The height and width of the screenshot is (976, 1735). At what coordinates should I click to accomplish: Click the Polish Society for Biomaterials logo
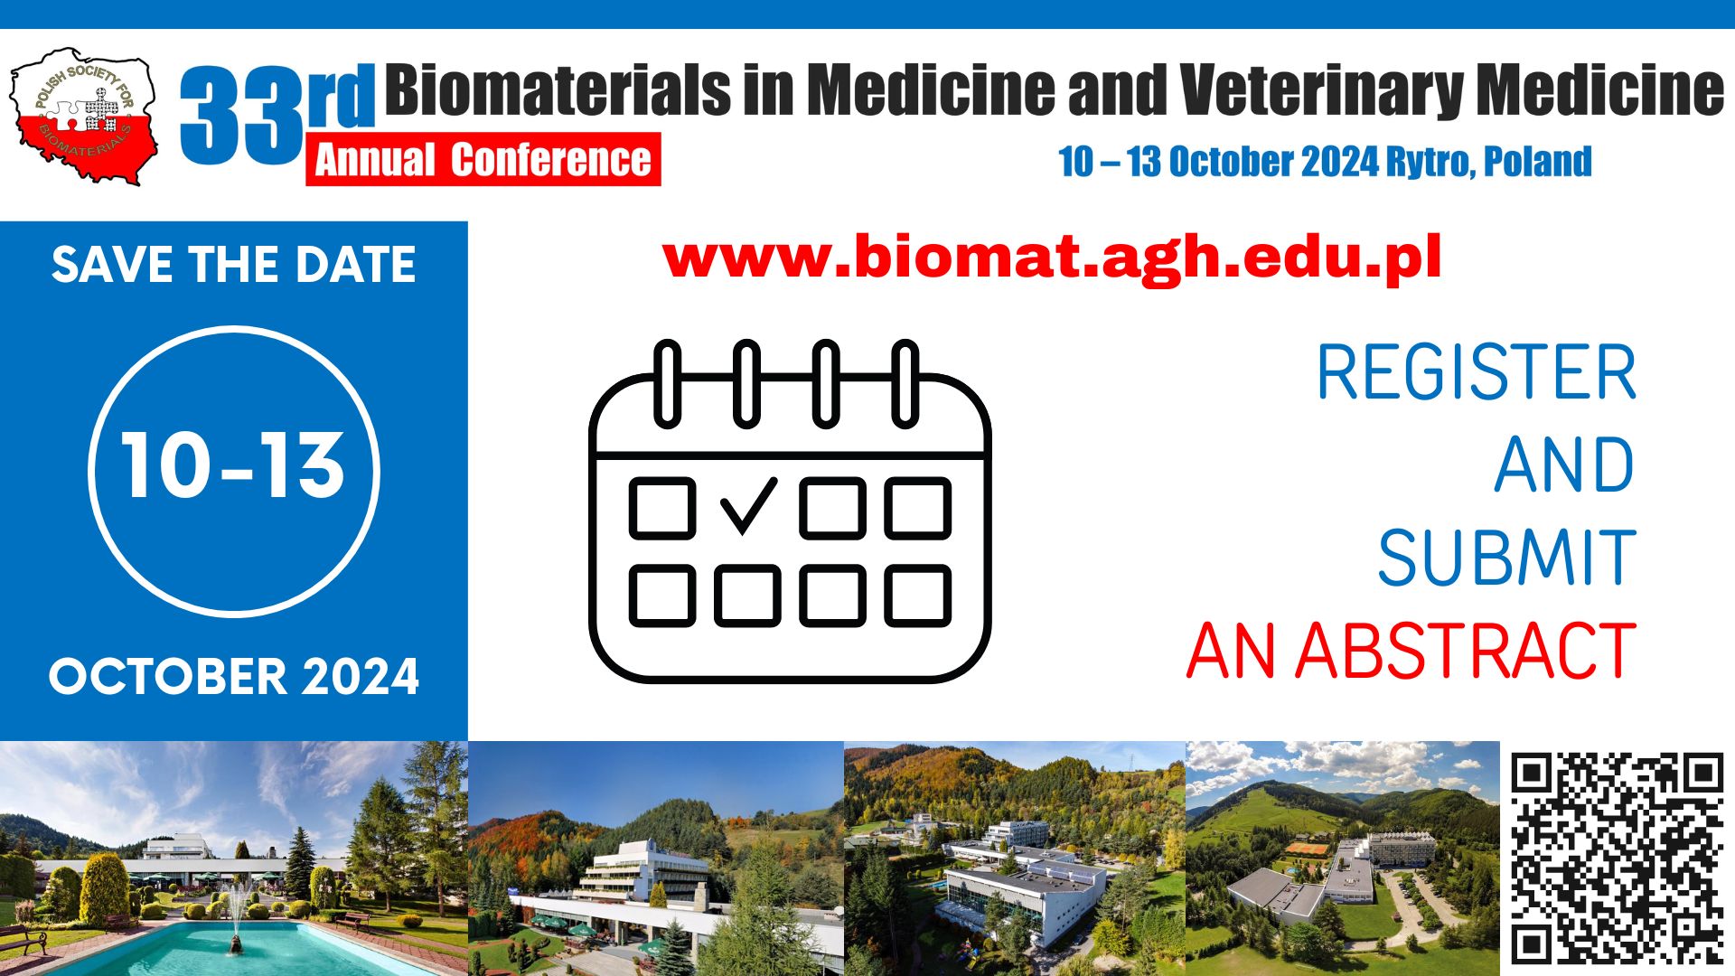[x=83, y=116]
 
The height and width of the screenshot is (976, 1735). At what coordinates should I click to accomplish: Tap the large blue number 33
[x=239, y=116]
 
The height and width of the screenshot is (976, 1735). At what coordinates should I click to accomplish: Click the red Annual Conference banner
[x=483, y=160]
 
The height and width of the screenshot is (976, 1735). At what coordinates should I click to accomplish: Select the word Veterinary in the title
[x=1321, y=90]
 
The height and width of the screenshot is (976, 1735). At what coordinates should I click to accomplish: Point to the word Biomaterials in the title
[x=558, y=90]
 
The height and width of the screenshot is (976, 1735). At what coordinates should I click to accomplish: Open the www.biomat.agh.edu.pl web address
[x=1051, y=258]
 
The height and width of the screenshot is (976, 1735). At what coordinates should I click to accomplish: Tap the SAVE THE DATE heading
[x=233, y=265]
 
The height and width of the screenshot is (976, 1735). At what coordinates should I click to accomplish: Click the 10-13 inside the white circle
[x=233, y=465]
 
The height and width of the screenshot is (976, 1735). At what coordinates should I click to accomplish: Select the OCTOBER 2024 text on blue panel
[x=233, y=677]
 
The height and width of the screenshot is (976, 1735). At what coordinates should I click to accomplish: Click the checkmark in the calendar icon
[x=747, y=506]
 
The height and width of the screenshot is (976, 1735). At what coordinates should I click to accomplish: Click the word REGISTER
[x=1475, y=372]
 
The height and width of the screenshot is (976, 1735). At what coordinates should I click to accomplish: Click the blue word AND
[x=1563, y=465]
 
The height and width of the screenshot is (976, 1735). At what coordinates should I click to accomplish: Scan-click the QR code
[x=1617, y=857]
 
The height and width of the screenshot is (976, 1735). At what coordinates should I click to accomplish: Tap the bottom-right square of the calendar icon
[x=917, y=596]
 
